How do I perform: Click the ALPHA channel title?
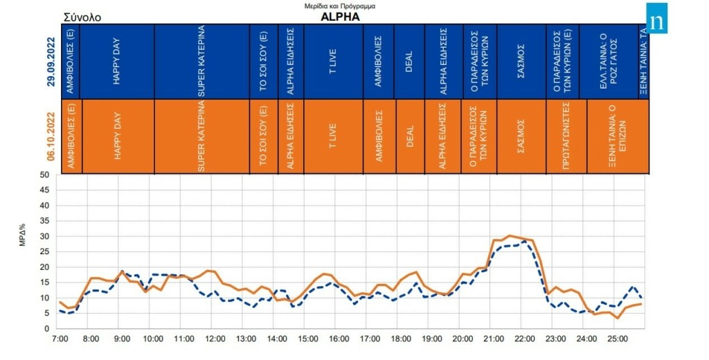pyautogui.click(x=340, y=17)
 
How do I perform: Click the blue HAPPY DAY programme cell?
pyautogui.click(x=117, y=62)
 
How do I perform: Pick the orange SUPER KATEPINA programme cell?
pyautogui.click(x=201, y=136)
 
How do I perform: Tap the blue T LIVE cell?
pyautogui.click(x=332, y=62)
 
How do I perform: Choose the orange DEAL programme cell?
pyautogui.click(x=409, y=136)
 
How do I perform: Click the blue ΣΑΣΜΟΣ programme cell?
pyautogui.click(x=521, y=62)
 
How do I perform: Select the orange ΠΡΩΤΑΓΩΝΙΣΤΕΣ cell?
pyautogui.click(x=566, y=136)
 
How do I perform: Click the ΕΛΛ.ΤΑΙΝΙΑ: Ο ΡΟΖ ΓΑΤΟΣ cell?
pyautogui.click(x=609, y=62)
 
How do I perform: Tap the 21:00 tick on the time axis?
pyautogui.click(x=494, y=340)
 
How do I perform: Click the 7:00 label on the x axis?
pyautogui.click(x=60, y=340)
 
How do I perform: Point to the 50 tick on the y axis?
pyautogui.click(x=44, y=175)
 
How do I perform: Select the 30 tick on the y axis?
pyautogui.click(x=44, y=237)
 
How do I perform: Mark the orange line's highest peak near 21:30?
pyautogui.click(x=510, y=236)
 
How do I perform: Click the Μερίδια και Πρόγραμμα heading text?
pyautogui.click(x=340, y=6)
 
